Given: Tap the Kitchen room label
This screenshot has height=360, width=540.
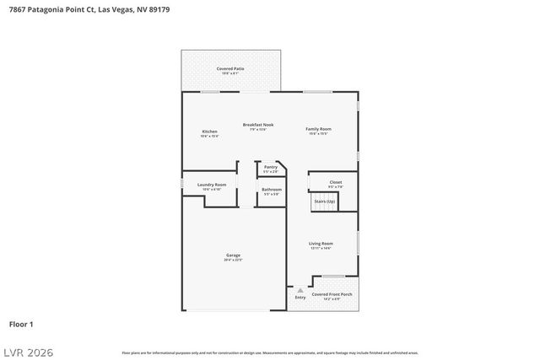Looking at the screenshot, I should pyautogui.click(x=210, y=132).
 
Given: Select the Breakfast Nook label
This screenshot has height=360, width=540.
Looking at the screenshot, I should pyautogui.click(x=258, y=125).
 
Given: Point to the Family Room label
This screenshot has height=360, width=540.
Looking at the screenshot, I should pyautogui.click(x=318, y=129).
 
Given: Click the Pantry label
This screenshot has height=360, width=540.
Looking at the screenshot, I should pyautogui.click(x=271, y=167).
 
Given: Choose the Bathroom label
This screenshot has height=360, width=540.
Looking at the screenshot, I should pyautogui.click(x=271, y=190).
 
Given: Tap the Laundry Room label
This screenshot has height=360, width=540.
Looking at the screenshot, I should pyautogui.click(x=212, y=185).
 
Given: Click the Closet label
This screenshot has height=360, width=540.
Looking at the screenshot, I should pyautogui.click(x=336, y=182).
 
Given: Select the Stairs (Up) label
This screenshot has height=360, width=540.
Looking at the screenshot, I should pyautogui.click(x=325, y=201).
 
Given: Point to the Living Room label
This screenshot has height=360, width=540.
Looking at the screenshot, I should pyautogui.click(x=321, y=244).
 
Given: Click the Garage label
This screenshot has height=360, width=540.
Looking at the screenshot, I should pyautogui.click(x=233, y=255).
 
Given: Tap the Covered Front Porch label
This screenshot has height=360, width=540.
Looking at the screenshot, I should pyautogui.click(x=326, y=294).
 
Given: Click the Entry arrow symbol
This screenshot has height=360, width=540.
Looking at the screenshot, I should pyautogui.click(x=300, y=289).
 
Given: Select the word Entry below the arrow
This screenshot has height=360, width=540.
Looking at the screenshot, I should pyautogui.click(x=300, y=298).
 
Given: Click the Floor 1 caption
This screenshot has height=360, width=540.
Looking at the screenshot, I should pyautogui.click(x=21, y=324).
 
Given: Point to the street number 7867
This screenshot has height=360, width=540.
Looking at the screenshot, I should pyautogui.click(x=17, y=9).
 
